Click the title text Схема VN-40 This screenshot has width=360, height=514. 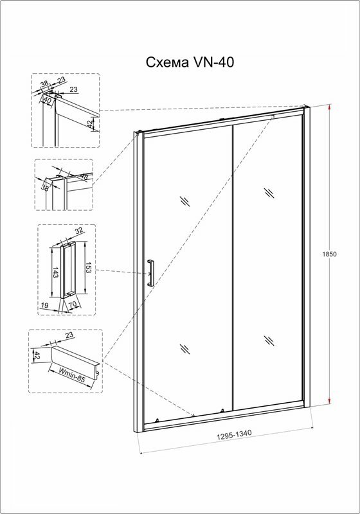(190, 62)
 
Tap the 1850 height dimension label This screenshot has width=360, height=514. (330, 254)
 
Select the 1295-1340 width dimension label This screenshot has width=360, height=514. (234, 434)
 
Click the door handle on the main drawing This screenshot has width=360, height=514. (150, 272)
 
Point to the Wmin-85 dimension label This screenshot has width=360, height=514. (71, 375)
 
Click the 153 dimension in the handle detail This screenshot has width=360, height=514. (88, 267)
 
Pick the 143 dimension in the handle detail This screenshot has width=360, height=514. (55, 272)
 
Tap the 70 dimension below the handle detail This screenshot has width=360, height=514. (73, 305)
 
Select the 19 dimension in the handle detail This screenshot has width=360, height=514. (44, 305)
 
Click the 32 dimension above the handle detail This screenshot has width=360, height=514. (78, 231)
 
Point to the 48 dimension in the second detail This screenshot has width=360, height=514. (84, 177)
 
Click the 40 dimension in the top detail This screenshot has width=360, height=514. (48, 101)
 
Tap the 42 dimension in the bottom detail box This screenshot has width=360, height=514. (37, 356)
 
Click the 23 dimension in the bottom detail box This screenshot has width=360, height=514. (69, 335)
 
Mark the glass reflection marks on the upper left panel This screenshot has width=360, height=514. (185, 201)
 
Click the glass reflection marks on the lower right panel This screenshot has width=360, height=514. (269, 341)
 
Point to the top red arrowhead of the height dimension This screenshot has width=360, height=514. (330, 108)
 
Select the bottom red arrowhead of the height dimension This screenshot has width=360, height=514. (330, 400)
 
